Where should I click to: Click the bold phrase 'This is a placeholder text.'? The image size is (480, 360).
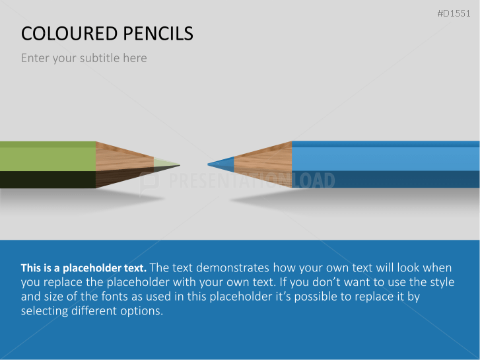(84, 268)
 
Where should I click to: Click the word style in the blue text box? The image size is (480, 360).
(442, 283)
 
